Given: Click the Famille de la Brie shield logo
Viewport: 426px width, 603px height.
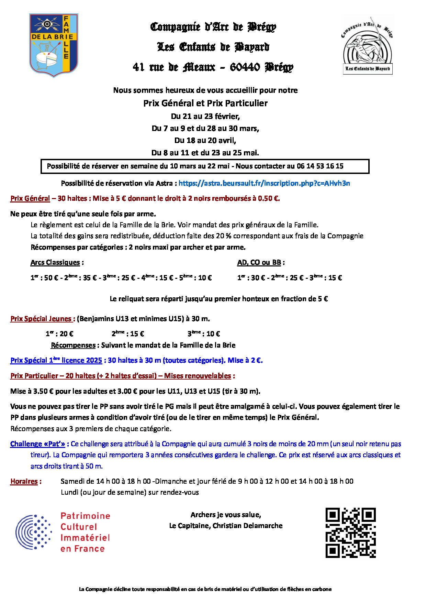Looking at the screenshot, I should [x=54, y=45].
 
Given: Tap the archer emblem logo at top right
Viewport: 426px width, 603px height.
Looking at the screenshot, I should [x=368, y=45].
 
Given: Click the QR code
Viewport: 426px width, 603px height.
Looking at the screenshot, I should [x=350, y=533].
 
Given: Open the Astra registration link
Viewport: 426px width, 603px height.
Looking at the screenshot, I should [x=264, y=183].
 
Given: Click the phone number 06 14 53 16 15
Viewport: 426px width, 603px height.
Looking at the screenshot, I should [x=320, y=166].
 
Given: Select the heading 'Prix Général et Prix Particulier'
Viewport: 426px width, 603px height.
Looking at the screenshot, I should [x=205, y=103].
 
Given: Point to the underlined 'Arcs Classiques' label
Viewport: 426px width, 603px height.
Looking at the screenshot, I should [x=55, y=263].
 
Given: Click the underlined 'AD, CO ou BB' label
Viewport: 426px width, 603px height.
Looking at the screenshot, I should [x=259, y=263].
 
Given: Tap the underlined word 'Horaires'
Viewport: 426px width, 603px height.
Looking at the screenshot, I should [x=24, y=481].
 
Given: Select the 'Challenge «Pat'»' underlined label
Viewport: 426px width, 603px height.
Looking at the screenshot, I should [x=37, y=444].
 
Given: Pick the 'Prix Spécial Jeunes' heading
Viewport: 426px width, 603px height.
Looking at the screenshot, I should [x=41, y=319].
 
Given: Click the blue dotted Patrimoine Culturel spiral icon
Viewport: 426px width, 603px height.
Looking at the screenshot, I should [x=33, y=532].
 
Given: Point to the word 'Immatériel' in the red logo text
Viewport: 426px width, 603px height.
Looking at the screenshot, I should [x=85, y=538].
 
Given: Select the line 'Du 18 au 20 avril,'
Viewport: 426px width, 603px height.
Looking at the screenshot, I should [x=205, y=140].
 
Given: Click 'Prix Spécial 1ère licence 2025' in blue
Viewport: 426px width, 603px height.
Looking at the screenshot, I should [x=56, y=360].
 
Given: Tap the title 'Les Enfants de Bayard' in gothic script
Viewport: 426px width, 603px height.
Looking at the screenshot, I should [x=213, y=47].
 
